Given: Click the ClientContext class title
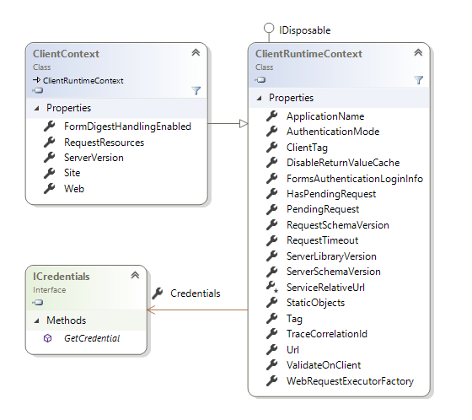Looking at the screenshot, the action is point(66,54).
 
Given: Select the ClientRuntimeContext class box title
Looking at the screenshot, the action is point(308,54).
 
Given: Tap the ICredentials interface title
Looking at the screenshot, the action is point(61,277).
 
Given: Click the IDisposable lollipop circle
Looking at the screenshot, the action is point(269,29).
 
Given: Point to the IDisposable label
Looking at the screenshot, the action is point(304,30).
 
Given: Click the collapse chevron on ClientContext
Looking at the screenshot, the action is point(196,52).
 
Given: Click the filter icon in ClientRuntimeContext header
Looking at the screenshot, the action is point(419,80).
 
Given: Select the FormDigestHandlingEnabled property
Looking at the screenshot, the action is point(127,127).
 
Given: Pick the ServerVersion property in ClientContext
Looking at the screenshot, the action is point(94,158).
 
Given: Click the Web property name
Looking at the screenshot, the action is point(74,189).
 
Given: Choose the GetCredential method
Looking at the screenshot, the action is point(92,338).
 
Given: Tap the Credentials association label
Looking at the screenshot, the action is point(195,293).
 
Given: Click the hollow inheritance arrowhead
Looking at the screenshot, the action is point(244,123).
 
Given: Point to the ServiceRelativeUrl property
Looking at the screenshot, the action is point(325,288).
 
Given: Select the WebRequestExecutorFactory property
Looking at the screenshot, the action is point(350,381).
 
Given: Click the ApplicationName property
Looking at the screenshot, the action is point(325,116).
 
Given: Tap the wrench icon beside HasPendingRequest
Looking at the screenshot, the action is point(271,193).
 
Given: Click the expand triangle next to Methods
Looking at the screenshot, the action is point(37,320).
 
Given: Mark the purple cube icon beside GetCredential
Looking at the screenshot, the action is point(47,338).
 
